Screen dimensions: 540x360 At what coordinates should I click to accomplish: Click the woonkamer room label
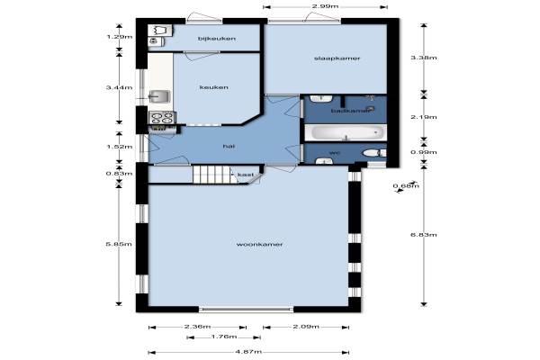260,244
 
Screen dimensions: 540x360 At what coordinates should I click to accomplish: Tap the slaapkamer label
337,58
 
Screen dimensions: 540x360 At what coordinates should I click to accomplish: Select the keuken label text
214,87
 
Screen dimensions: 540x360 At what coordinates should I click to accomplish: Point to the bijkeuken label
217,38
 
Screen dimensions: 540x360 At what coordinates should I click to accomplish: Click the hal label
229,147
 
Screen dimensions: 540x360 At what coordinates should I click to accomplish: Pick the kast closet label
246,175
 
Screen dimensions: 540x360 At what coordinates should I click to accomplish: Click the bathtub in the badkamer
346,132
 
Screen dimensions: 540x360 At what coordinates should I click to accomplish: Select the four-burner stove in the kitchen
162,118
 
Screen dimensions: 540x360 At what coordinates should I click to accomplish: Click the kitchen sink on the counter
159,96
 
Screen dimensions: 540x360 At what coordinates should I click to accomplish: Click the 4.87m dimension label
248,352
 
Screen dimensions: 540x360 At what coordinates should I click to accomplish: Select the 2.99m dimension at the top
325,6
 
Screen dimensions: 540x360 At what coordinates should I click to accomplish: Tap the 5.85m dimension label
119,244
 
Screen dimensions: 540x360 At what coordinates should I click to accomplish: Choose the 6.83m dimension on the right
424,235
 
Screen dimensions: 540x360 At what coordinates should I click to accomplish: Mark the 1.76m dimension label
224,337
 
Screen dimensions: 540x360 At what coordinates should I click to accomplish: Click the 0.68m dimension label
407,186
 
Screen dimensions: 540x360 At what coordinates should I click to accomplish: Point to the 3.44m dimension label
119,87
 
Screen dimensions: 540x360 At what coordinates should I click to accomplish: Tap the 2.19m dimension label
424,117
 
